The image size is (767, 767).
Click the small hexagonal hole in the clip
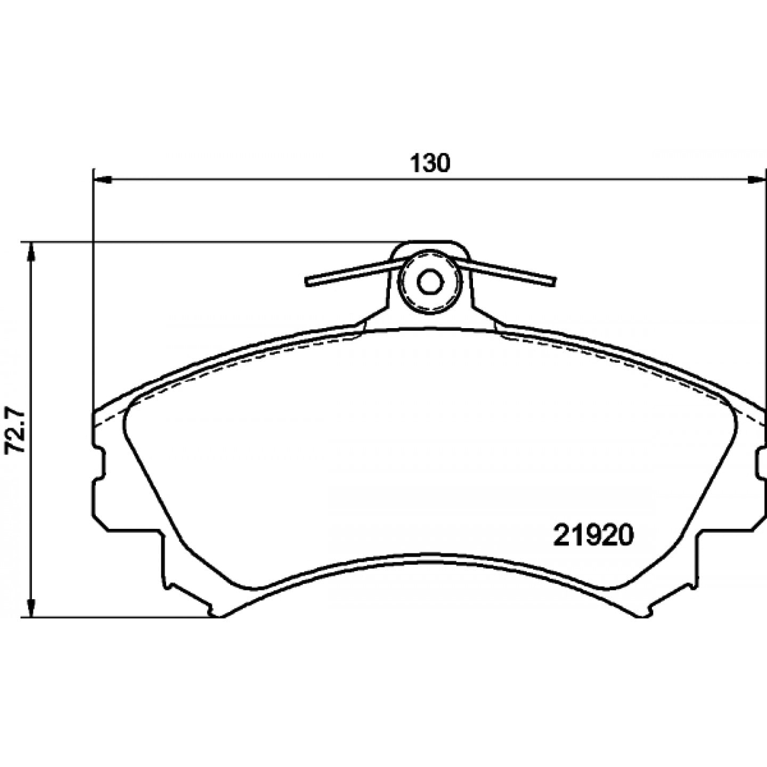pyautogui.click(x=429, y=282)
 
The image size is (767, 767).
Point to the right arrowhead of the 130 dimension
pyautogui.click(x=755, y=180)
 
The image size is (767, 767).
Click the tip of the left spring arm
pyautogui.click(x=307, y=282)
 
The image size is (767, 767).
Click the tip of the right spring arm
pyautogui.click(x=553, y=282)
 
